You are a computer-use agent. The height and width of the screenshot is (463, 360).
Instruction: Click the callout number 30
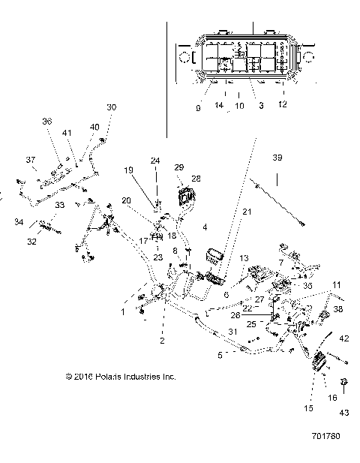pyautogui.click(x=112, y=107)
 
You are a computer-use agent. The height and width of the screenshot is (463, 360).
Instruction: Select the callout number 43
pyautogui.click(x=344, y=412)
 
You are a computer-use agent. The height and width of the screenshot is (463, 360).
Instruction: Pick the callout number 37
pyautogui.click(x=31, y=159)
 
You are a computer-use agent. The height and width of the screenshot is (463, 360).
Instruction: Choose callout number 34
pyautogui.click(x=18, y=221)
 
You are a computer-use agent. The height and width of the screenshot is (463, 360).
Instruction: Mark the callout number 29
pyautogui.click(x=178, y=167)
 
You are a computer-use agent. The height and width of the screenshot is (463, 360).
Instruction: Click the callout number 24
pyautogui.click(x=155, y=160)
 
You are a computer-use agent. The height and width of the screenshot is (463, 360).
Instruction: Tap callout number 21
pyautogui.click(x=226, y=213)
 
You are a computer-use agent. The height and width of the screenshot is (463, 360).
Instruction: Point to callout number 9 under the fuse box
pyautogui.click(x=198, y=107)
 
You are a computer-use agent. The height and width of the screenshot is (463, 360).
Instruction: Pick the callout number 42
pyautogui.click(x=344, y=338)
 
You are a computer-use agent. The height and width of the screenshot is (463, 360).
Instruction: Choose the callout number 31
pyautogui.click(x=233, y=332)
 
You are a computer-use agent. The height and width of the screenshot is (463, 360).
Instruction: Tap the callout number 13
pyautogui.click(x=243, y=259)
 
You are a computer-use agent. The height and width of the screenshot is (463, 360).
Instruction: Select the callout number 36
pyautogui.click(x=46, y=121)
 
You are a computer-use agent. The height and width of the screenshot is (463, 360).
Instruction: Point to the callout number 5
pyautogui.click(x=219, y=355)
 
